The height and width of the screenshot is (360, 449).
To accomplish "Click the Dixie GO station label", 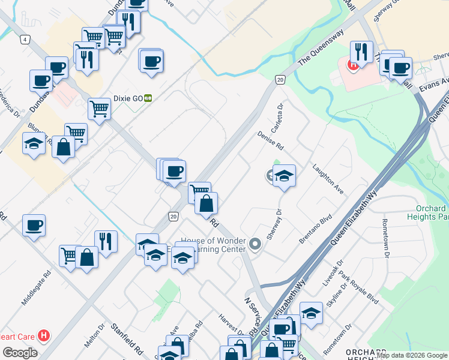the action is tap(127, 98).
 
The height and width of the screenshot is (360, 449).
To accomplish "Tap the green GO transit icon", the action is tap(147, 98).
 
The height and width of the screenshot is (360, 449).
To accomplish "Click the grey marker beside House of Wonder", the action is tap(256, 244).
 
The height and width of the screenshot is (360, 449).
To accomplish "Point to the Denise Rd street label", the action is tap(270, 141).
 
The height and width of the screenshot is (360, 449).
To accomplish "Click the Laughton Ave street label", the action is tap(328, 178).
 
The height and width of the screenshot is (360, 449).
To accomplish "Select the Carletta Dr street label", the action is tap(277, 120).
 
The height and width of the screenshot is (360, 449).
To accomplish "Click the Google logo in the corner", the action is tap(20, 353).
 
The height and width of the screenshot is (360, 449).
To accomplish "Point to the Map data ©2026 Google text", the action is tap(412, 355).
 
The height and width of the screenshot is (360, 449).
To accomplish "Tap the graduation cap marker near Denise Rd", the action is tap(285, 176).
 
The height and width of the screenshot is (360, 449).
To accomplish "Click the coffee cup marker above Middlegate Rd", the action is tap(34, 226).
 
